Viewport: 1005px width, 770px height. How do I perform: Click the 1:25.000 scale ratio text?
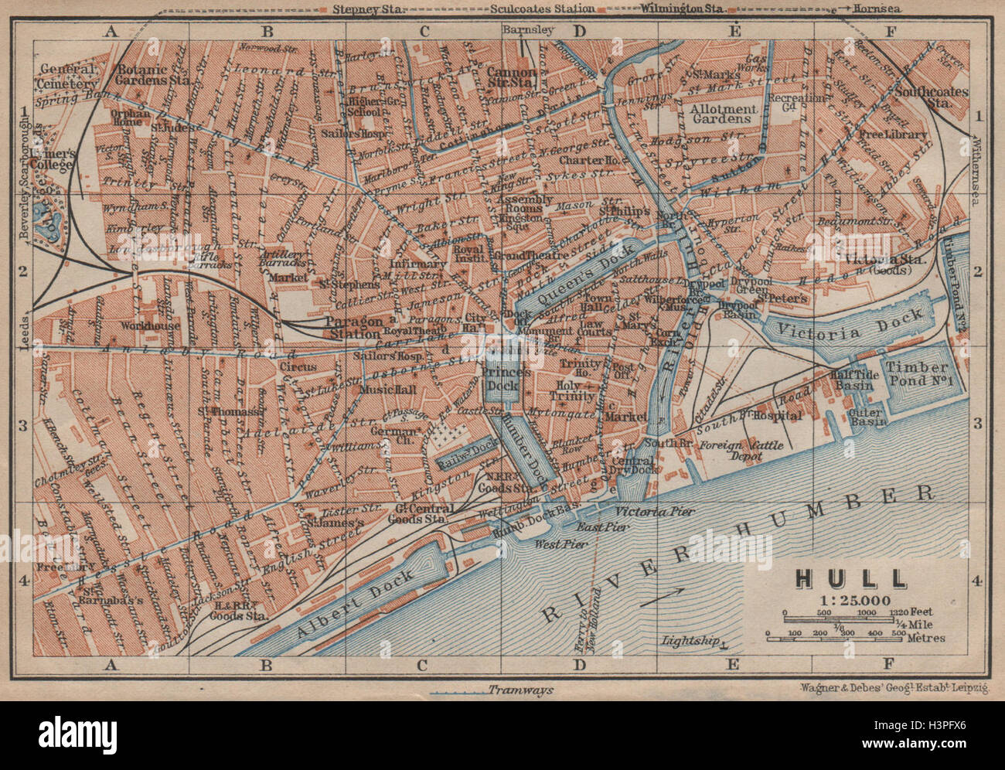click(843, 600)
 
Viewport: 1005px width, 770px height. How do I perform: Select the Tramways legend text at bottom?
click(521, 690)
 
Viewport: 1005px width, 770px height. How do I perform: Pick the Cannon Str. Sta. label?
click(512, 75)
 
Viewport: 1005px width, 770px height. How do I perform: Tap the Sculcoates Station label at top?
click(541, 9)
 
